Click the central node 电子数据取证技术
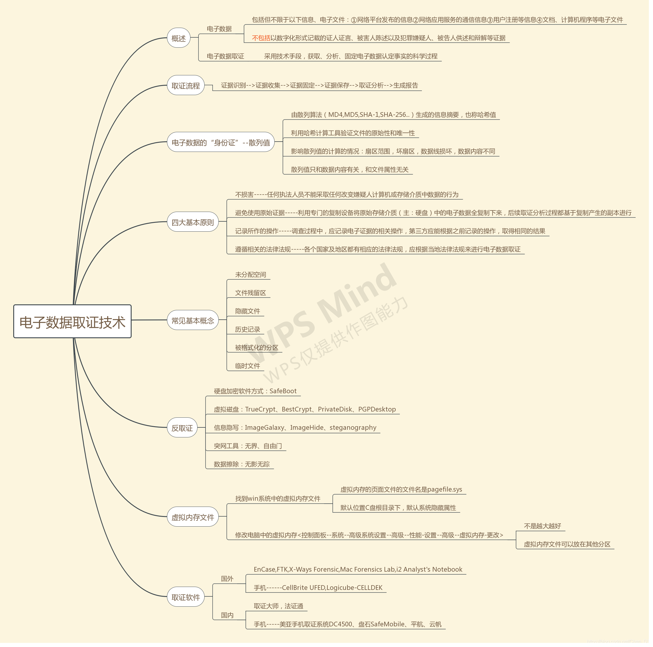(x=72, y=322)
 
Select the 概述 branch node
(x=178, y=38)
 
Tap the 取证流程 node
(x=185, y=85)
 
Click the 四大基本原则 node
(x=193, y=222)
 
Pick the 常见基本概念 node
(x=193, y=320)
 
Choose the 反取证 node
(x=182, y=428)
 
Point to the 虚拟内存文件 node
(x=193, y=517)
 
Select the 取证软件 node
(x=185, y=597)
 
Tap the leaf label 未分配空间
(x=251, y=274)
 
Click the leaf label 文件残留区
(x=251, y=293)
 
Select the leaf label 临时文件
(x=247, y=366)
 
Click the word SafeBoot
(x=283, y=391)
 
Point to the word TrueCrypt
(x=260, y=409)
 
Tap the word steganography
(x=353, y=427)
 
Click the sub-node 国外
(x=227, y=578)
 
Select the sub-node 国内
(x=227, y=615)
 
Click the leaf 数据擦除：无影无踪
(x=242, y=464)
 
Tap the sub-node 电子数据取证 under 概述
(x=225, y=56)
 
